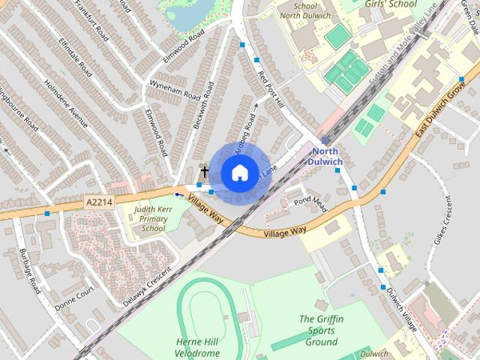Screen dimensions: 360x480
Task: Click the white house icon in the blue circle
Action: pyautogui.click(x=238, y=172)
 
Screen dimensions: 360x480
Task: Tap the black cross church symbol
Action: pyautogui.click(x=204, y=172)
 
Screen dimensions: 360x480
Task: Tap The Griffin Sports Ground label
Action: pyautogui.click(x=321, y=330)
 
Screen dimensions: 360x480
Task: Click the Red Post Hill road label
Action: pyautogui.click(x=270, y=89)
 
